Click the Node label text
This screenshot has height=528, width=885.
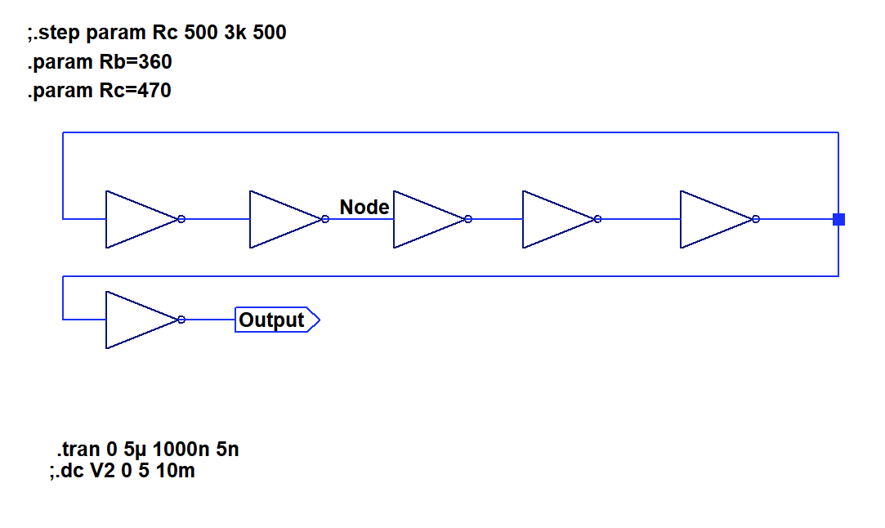(x=364, y=208)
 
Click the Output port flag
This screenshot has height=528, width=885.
(x=276, y=320)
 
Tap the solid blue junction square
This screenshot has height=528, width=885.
(x=838, y=219)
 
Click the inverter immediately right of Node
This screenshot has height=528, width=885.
(x=427, y=219)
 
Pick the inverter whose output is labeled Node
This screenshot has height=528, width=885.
(x=284, y=219)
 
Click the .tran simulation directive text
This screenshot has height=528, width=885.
(x=148, y=449)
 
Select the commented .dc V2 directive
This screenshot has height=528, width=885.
(x=123, y=471)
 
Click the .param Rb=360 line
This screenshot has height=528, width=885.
(x=100, y=62)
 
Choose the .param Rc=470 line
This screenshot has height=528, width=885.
(x=100, y=90)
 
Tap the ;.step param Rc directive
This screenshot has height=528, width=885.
(x=157, y=34)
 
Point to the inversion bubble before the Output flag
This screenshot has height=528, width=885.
(x=181, y=320)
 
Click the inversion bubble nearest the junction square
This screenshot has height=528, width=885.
(x=756, y=219)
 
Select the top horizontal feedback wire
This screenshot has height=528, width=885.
(x=449, y=132)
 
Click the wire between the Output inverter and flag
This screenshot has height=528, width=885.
(x=209, y=320)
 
